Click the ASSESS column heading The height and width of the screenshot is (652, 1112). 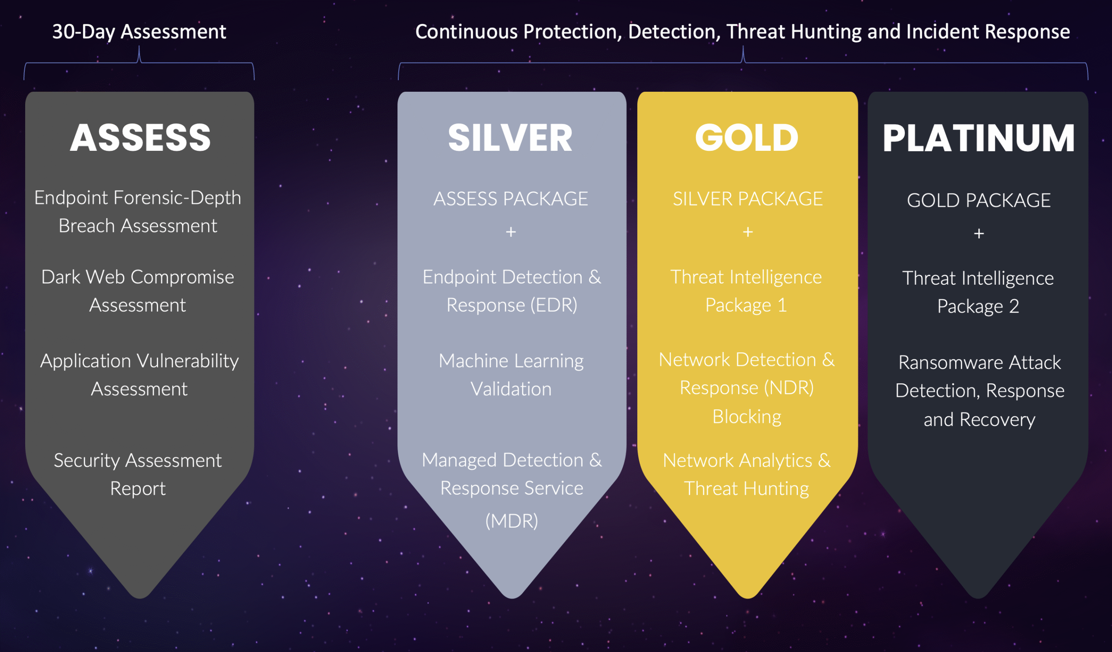140,138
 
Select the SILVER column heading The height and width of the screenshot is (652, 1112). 510,138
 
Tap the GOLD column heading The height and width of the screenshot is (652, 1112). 747,138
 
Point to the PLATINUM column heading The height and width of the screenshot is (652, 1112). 978,138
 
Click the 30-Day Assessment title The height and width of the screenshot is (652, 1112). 139,32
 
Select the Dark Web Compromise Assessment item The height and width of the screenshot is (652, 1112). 138,291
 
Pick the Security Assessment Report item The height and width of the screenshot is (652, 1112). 138,474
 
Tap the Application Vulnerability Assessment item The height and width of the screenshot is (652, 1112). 139,375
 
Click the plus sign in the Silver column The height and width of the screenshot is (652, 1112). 510,232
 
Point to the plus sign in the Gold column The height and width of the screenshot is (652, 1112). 748,232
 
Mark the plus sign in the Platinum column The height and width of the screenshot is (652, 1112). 979,233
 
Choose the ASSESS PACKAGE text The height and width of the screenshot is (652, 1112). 510,199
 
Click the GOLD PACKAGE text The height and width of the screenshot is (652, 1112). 979,200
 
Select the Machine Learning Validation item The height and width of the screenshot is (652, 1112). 511,375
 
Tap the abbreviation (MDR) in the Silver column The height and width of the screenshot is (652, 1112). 511,521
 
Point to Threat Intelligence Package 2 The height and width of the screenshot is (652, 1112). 978,292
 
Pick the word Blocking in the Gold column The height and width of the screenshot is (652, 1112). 747,417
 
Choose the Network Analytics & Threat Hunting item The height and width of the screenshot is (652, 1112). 747,475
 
